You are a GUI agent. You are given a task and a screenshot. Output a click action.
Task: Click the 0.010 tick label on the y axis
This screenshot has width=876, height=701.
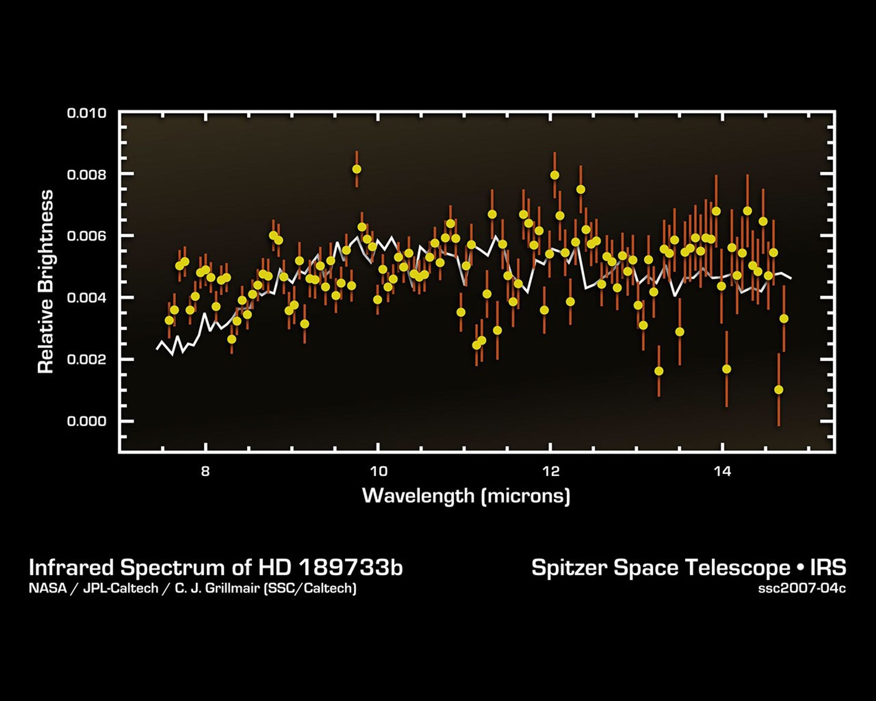click(86, 113)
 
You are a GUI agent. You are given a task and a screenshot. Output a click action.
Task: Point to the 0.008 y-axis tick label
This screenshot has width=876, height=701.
click(86, 175)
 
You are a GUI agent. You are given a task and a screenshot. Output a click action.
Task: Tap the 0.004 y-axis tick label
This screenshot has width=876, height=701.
click(86, 298)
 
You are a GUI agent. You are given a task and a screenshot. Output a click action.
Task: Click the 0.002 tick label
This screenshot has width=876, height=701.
click(86, 360)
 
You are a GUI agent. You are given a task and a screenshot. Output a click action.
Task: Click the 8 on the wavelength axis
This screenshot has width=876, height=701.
click(206, 471)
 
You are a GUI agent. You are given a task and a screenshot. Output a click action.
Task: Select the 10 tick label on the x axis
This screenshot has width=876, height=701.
click(378, 471)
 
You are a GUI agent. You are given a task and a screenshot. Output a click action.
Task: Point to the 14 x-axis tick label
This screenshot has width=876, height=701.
click(722, 471)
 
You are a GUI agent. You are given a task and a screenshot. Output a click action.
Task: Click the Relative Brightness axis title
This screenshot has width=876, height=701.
click(46, 282)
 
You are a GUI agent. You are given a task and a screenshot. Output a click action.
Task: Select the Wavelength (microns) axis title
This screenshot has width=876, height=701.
click(466, 496)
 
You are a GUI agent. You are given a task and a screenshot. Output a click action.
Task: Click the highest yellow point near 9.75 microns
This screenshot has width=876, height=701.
click(356, 169)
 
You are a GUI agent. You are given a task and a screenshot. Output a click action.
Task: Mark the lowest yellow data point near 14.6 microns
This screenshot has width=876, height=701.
click(778, 390)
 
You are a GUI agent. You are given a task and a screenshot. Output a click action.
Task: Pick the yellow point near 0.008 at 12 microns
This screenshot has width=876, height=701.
click(555, 175)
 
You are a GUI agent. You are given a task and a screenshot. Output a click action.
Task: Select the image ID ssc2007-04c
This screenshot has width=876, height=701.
click(802, 589)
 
